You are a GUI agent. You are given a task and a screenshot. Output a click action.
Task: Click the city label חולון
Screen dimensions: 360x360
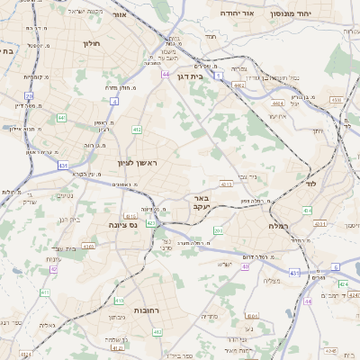tap(92, 43)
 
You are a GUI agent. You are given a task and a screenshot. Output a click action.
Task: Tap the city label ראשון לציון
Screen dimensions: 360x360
tap(137, 163)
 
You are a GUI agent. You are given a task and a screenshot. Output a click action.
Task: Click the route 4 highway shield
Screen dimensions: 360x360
tap(115, 102)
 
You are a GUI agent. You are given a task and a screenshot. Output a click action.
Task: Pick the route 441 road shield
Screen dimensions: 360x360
tap(61, 117)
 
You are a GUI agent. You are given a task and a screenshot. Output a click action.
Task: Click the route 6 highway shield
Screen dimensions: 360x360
tap(336, 266)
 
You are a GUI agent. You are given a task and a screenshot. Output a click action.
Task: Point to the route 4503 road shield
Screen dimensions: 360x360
tap(336, 100)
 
